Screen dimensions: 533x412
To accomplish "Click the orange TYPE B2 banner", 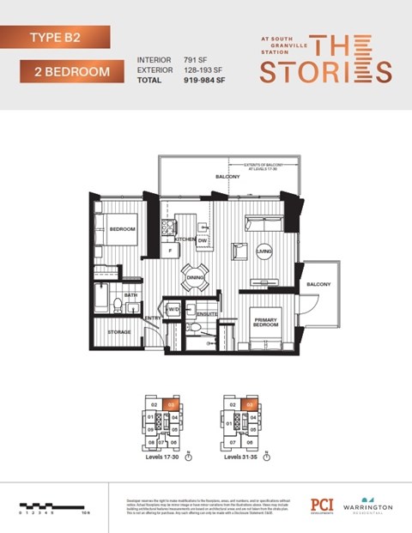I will pyautogui.click(x=56, y=37).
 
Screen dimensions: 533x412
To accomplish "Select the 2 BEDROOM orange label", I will pyautogui.click(x=65, y=71).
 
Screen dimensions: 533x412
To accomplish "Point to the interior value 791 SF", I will pyautogui.click(x=195, y=60).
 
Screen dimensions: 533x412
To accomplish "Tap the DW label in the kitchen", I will pyautogui.click(x=203, y=240).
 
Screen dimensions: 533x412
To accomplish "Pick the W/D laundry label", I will pyautogui.click(x=173, y=309).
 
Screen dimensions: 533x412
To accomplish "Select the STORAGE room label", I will pyautogui.click(x=119, y=330).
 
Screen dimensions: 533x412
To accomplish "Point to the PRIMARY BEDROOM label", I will pyautogui.click(x=264, y=324).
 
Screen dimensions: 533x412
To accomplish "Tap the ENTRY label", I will pyautogui.click(x=154, y=318).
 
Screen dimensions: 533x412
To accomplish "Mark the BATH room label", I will pyautogui.click(x=130, y=294).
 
